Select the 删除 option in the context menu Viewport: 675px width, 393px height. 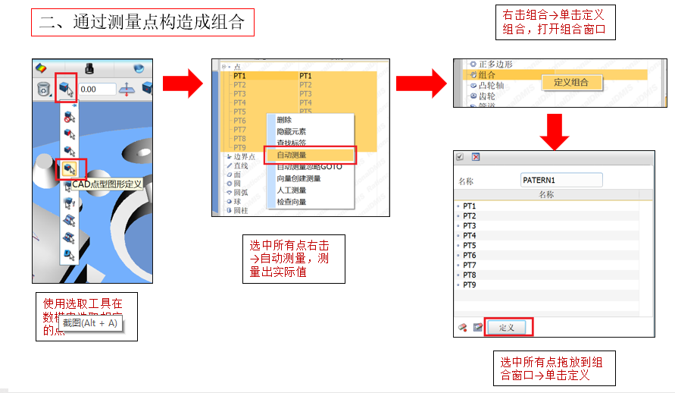coord(285,120)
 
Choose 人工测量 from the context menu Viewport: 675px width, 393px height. coord(292,190)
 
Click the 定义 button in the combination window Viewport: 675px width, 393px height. coord(507,327)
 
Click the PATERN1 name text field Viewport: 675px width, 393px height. coord(561,180)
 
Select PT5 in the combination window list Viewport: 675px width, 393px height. coord(470,246)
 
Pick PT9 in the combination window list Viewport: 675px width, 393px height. coord(470,285)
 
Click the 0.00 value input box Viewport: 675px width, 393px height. coord(96,90)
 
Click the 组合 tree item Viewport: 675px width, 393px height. coord(487,75)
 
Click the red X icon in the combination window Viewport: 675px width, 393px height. coord(475,157)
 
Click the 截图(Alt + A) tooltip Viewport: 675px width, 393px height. coord(90,322)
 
